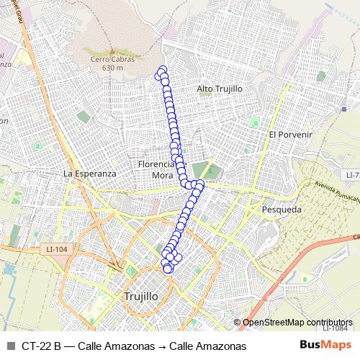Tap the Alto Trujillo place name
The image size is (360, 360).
point(220,89)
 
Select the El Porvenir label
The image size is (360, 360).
point(289,134)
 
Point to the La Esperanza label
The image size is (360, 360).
point(89,174)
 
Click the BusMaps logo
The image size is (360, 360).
point(325,346)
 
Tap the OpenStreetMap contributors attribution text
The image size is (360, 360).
point(297,323)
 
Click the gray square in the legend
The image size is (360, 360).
point(10,346)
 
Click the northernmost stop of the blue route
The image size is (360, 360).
point(163,70)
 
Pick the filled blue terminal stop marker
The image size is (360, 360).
point(168,269)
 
